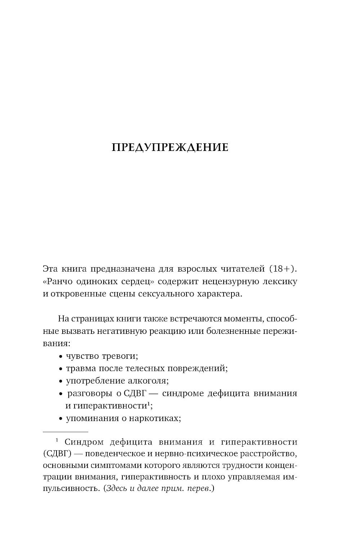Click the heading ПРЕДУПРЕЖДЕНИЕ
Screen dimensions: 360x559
coord(170,147)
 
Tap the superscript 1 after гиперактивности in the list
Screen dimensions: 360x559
coord(148,403)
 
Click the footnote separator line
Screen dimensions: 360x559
coord(65,431)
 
